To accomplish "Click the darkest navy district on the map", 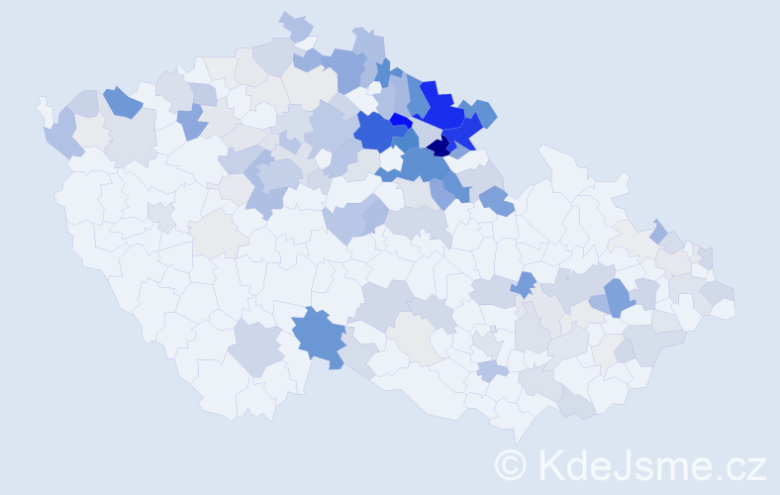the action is (x=438, y=147).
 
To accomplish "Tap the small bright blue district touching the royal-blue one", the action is (x=401, y=120).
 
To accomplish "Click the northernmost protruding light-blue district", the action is (x=294, y=24).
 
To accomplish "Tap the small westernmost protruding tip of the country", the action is (x=42, y=103).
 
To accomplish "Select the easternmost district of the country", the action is (x=724, y=307).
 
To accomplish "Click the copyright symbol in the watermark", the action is (x=512, y=465).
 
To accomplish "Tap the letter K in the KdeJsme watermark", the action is (x=550, y=464).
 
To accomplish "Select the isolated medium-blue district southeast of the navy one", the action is (x=495, y=201).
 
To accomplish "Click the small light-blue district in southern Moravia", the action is (x=492, y=370).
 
